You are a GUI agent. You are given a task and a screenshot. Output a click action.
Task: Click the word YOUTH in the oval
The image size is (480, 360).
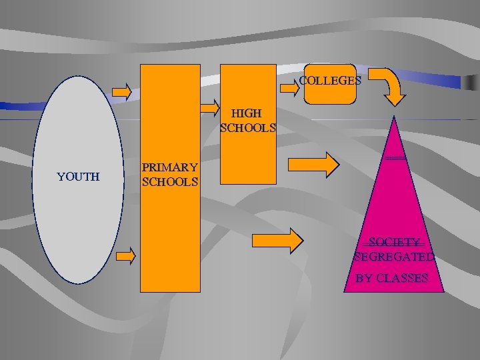pyautogui.click(x=78, y=177)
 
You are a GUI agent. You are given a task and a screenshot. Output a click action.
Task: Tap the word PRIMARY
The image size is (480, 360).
pyautogui.click(x=169, y=167)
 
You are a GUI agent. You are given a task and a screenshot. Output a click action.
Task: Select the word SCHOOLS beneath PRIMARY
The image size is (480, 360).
pyautogui.click(x=169, y=181)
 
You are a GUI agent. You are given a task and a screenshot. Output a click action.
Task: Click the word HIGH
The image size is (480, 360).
pyautogui.click(x=247, y=113)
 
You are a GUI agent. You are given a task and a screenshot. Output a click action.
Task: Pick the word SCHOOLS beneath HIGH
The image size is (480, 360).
pyautogui.click(x=248, y=127)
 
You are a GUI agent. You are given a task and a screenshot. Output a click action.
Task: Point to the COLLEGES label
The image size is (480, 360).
pyautogui.click(x=330, y=81)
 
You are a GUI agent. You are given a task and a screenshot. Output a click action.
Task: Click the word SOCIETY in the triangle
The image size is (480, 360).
pyautogui.click(x=395, y=242)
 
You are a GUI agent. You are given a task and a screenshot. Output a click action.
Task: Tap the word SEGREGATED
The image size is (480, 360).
pyautogui.click(x=395, y=257)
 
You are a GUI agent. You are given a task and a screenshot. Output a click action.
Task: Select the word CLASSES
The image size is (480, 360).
pyautogui.click(x=402, y=278)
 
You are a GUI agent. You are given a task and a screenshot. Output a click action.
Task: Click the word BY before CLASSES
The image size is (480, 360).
pyautogui.click(x=364, y=278)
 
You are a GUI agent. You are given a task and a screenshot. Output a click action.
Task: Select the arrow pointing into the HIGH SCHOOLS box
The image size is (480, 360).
pyautogui.click(x=211, y=107)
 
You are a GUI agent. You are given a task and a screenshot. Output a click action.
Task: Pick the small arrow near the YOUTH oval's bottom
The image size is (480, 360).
pyautogui.click(x=125, y=255)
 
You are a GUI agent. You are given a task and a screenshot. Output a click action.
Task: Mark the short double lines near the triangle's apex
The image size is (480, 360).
pyautogui.click(x=395, y=157)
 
